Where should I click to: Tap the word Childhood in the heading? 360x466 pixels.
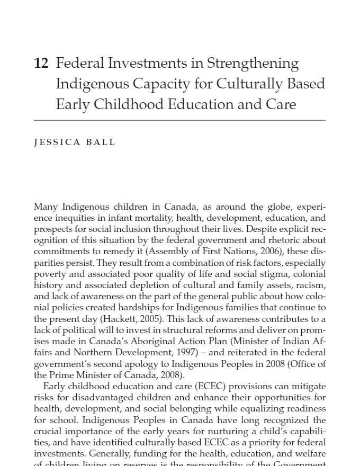[x=128, y=104]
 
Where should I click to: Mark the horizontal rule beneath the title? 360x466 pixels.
[x=179, y=121]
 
